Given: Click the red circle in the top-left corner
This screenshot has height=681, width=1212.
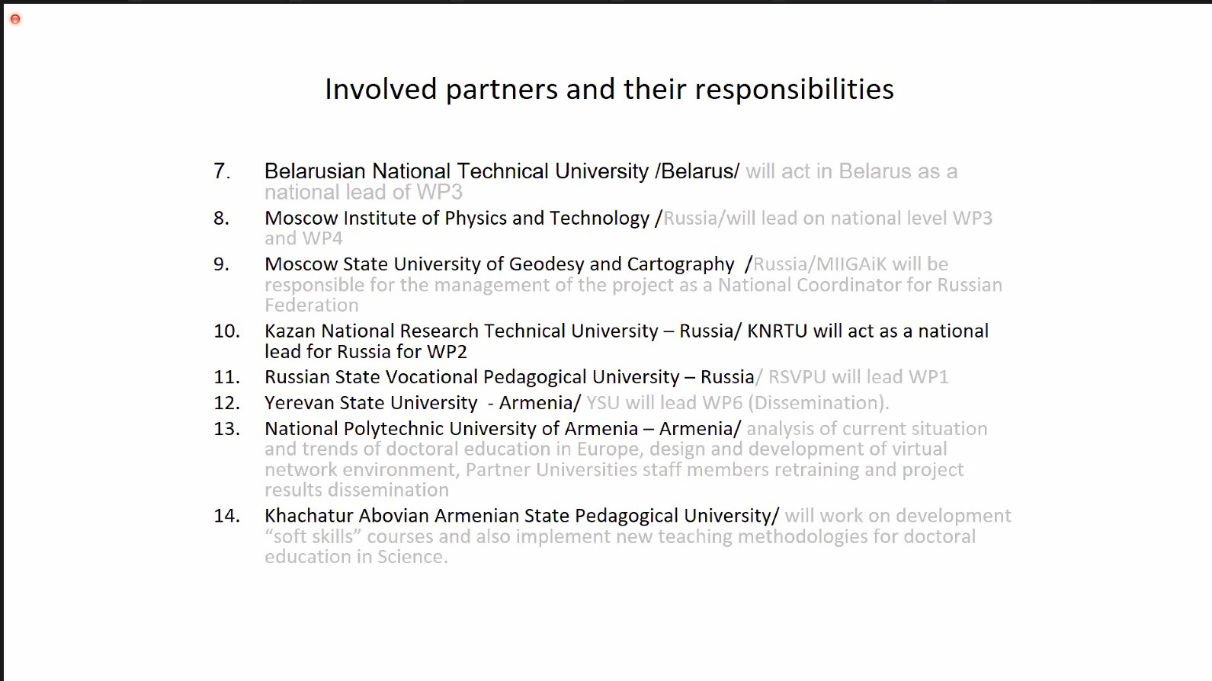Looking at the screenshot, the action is pyautogui.click(x=15, y=20).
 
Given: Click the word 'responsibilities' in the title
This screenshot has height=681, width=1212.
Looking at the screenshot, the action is pyautogui.click(x=794, y=90).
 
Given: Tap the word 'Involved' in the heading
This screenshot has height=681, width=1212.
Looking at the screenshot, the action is pyautogui.click(x=381, y=89).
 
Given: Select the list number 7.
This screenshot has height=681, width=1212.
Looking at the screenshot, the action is pyautogui.click(x=222, y=171).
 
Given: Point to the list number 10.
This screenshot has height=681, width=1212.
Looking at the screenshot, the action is pyautogui.click(x=226, y=331).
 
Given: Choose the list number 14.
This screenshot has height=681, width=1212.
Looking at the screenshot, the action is pyautogui.click(x=226, y=516).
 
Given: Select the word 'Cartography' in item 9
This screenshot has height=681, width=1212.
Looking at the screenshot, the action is pyautogui.click(x=681, y=264).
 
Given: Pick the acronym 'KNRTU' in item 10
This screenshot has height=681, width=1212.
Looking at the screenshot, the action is pyautogui.click(x=777, y=331).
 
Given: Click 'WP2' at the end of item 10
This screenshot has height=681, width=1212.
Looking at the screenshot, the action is pyautogui.click(x=447, y=352).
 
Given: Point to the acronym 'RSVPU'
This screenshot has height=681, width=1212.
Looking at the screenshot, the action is pyautogui.click(x=797, y=377).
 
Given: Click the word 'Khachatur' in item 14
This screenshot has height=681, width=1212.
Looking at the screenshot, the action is pyautogui.click(x=309, y=516).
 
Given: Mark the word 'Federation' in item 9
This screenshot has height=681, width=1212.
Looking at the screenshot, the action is pyautogui.click(x=312, y=305).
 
